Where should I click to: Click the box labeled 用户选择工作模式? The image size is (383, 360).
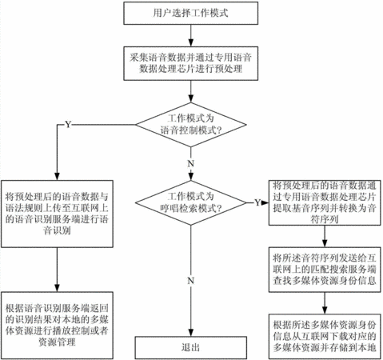[x=190, y=13]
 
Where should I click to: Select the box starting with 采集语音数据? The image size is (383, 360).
[x=190, y=63]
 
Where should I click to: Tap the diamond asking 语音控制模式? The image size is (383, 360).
[x=191, y=125]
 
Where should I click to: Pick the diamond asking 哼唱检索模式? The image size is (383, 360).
[x=191, y=203]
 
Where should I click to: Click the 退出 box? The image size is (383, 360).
[x=191, y=347]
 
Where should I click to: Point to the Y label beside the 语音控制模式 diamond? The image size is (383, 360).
[x=68, y=125]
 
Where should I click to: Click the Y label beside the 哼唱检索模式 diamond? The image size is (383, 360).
[x=257, y=202]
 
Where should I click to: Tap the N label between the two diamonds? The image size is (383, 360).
[x=191, y=163]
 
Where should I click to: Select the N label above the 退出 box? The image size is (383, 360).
[x=191, y=281]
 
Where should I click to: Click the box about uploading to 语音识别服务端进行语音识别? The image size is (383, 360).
[x=57, y=214]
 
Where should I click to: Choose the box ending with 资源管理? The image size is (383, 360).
[x=57, y=326]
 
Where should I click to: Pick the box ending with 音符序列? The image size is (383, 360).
[x=325, y=202]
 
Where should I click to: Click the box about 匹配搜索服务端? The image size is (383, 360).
[x=325, y=270]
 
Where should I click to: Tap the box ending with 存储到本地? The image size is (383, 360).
[x=325, y=337]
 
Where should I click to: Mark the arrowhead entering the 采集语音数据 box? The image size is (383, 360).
[x=191, y=43]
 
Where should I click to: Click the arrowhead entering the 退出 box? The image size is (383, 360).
[x=191, y=333]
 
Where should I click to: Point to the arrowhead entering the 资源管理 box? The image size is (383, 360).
[x=57, y=288]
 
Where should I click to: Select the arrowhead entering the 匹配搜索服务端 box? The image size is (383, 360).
[x=325, y=243]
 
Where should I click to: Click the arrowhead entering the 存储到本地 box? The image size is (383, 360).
[x=325, y=310]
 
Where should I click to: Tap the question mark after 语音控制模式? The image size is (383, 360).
[x=220, y=130]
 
